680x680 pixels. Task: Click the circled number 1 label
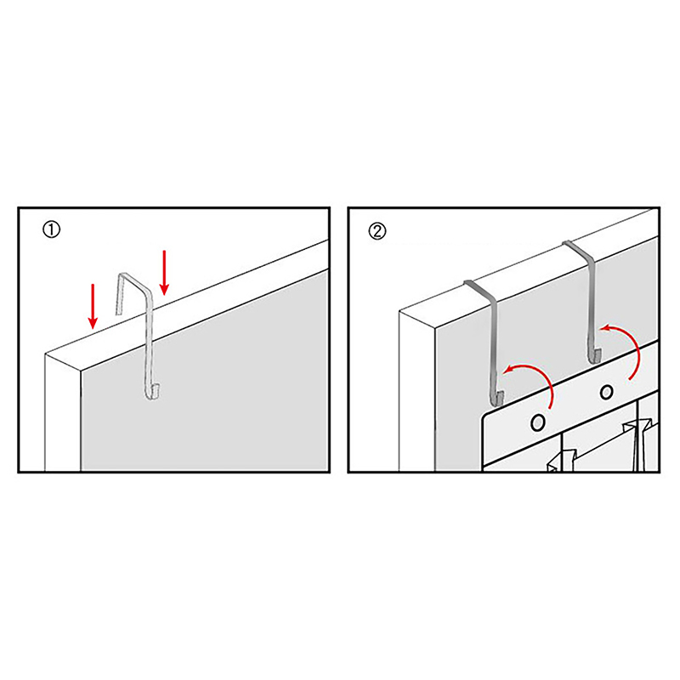coord(51,229)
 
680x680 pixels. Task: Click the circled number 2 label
coord(377,231)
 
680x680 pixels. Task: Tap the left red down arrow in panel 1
coord(93,306)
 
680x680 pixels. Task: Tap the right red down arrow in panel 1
coord(164,273)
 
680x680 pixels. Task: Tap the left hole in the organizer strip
coord(538,422)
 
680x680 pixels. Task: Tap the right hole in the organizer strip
coord(606,393)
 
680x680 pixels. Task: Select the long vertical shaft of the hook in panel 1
coord(149,343)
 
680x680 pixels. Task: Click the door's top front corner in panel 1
coord(81,371)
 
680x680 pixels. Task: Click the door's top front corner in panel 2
coord(435,328)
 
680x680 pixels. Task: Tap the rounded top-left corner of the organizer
coord(487,417)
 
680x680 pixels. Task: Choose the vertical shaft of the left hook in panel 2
coord(495,347)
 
